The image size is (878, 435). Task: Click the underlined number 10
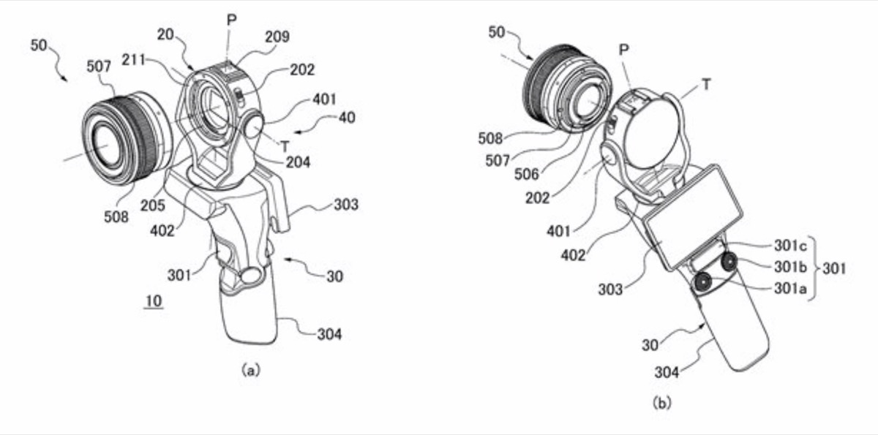tap(153, 300)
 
